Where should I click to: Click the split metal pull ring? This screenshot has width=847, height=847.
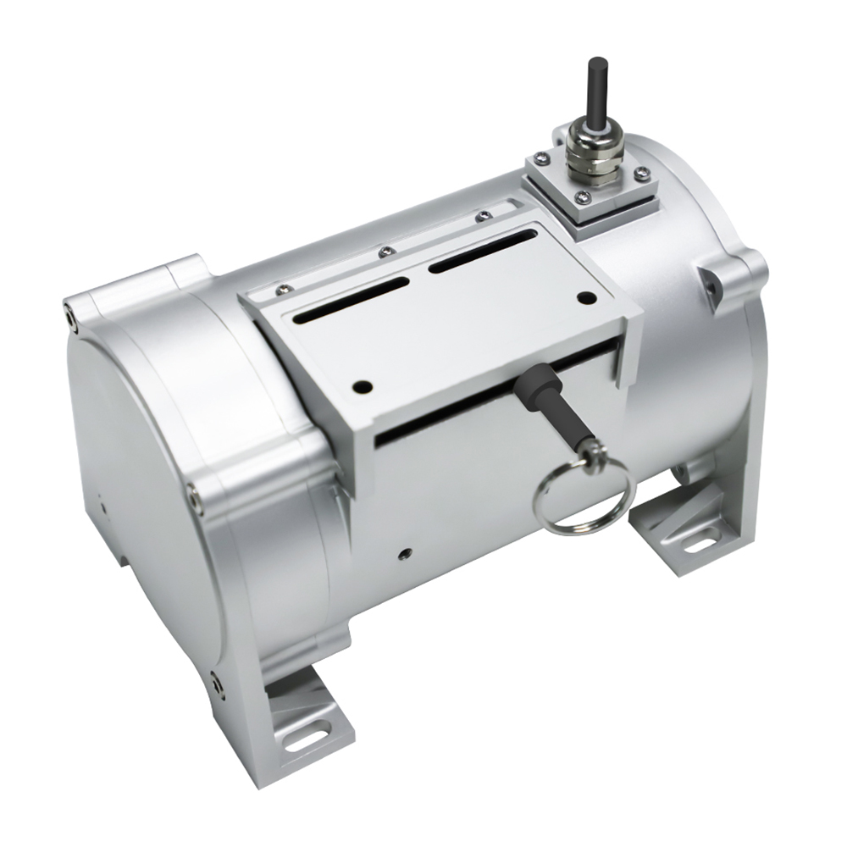click(580, 499)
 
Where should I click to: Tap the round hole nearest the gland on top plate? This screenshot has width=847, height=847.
click(585, 298)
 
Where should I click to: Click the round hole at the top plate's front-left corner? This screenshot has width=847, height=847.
click(362, 386)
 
